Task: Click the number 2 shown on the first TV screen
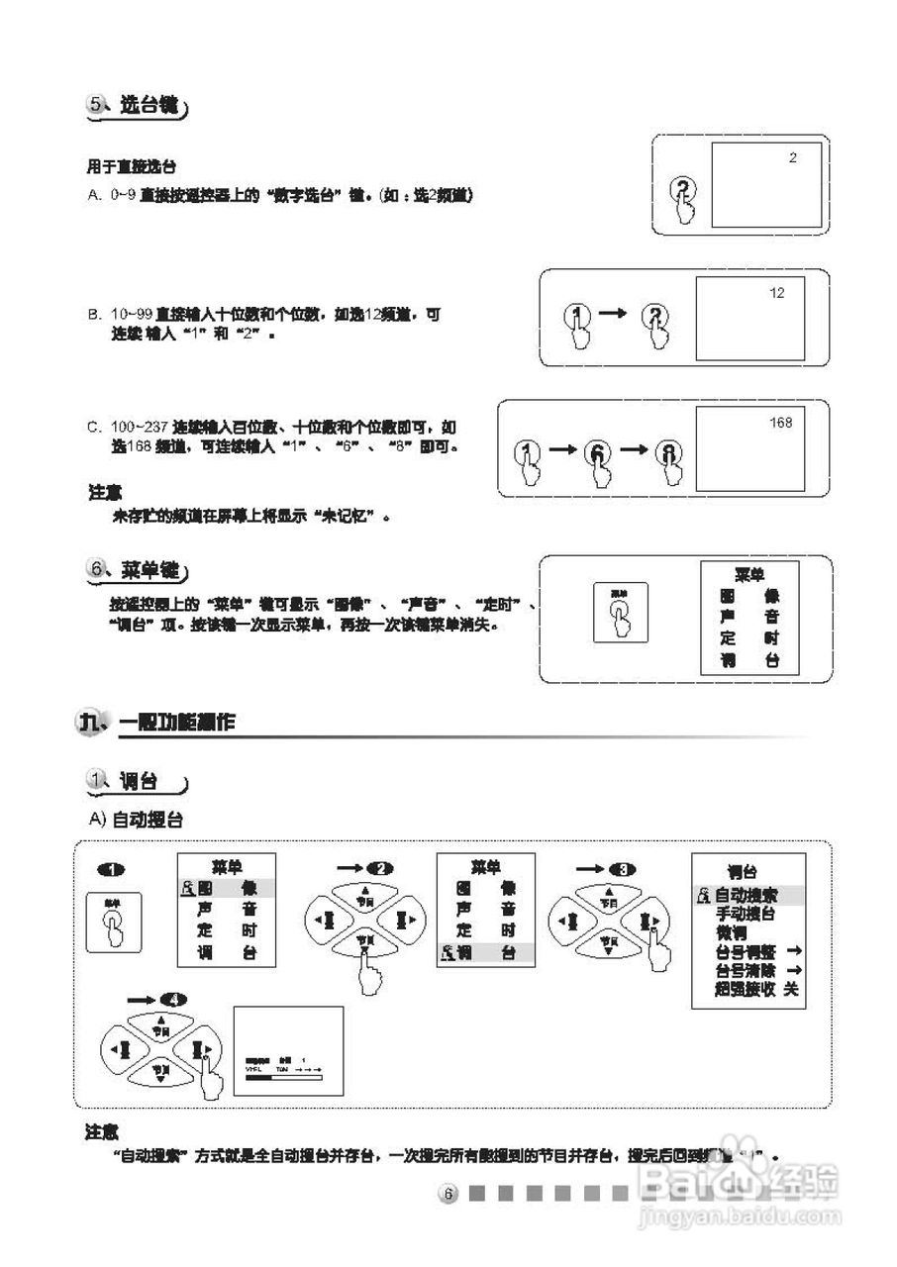[792, 157]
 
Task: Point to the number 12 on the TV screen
[776, 293]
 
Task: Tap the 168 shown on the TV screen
[780, 423]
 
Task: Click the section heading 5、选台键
[138, 106]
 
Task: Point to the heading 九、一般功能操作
[158, 724]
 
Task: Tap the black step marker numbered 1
[111, 869]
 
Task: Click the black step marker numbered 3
[623, 869]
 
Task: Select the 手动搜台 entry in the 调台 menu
[746, 915]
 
